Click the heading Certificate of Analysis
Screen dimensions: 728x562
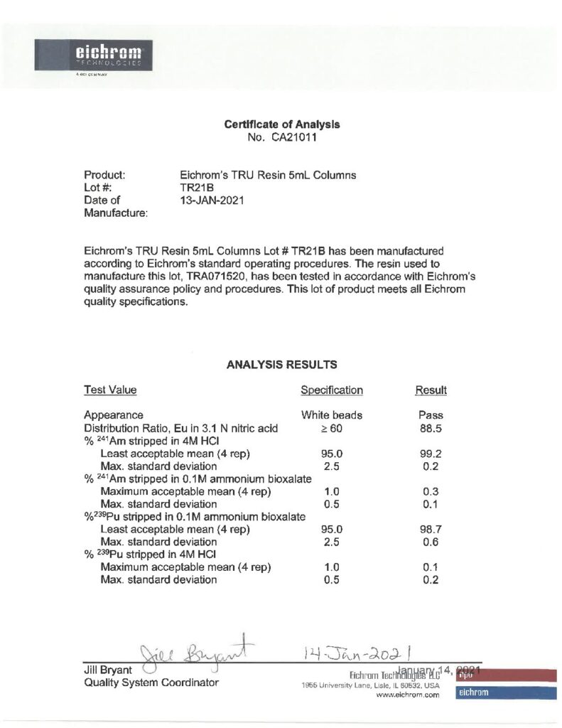282,124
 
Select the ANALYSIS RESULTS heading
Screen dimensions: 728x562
281,365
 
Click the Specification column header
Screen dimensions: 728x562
332,390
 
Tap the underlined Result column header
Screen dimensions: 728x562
431,390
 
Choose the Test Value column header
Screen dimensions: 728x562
110,390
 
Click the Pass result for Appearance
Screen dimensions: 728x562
431,415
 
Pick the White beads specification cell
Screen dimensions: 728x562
332,415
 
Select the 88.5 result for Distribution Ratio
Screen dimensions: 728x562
431,428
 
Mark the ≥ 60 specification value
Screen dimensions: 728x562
332,428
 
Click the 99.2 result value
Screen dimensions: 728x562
431,454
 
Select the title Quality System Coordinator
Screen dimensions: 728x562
151,683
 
